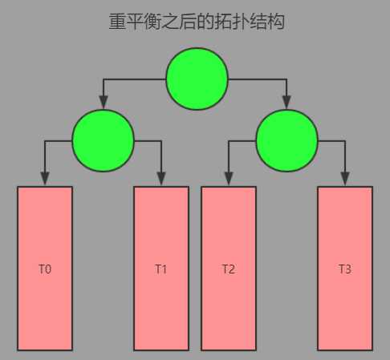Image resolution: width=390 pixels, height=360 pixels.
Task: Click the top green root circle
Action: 197,79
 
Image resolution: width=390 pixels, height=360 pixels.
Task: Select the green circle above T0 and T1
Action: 104,140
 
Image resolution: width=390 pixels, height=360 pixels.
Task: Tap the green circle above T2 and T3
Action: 287,140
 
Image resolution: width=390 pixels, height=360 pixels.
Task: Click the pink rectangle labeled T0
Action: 45,269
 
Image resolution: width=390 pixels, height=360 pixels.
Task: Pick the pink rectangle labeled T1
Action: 161,269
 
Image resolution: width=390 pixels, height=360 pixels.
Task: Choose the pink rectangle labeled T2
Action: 229,269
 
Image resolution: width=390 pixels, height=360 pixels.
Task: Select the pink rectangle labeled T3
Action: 345,269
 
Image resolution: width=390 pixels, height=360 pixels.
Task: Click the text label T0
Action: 45,269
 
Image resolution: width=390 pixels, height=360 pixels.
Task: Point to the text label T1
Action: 160,269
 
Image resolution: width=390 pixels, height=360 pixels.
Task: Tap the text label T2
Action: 229,269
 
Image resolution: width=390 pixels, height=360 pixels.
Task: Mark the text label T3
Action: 345,269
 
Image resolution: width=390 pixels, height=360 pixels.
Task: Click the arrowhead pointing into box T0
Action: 45,179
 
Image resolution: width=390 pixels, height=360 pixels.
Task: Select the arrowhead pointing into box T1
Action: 161,179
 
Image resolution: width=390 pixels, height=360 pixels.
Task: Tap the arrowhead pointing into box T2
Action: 229,179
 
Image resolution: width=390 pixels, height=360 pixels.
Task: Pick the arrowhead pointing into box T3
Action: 345,179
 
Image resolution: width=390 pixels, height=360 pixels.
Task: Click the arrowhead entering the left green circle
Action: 104,102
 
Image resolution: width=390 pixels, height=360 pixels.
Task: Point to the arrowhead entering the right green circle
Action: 286,102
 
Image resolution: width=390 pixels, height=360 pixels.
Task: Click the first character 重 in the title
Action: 117,22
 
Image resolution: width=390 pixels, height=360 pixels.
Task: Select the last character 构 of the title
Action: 276,22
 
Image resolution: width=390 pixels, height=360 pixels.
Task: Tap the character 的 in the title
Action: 205,22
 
